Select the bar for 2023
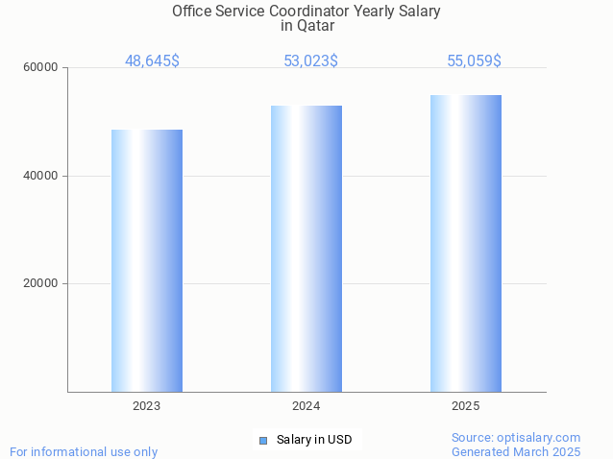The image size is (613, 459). [147, 260]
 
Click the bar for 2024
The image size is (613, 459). [306, 249]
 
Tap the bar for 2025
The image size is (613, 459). [466, 243]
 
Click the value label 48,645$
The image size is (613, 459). [152, 61]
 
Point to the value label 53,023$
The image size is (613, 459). [310, 61]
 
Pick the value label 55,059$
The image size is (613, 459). [474, 61]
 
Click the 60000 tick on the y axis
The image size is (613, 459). [42, 68]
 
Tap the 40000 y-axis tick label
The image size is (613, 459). [42, 177]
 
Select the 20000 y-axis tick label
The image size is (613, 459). [42, 284]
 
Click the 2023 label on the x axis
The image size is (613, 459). [147, 406]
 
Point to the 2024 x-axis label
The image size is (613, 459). [306, 406]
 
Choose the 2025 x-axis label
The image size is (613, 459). [466, 406]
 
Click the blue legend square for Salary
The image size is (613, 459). [263, 441]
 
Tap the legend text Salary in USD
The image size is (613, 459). [314, 441]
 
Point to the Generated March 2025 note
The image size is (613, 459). [516, 451]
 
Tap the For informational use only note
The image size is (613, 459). [84, 451]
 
